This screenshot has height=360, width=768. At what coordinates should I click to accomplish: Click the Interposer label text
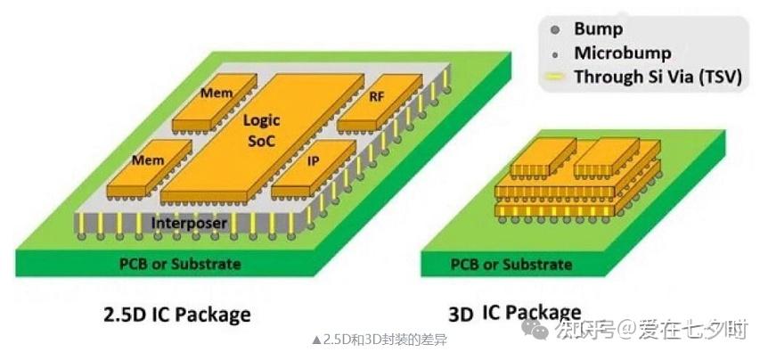190,222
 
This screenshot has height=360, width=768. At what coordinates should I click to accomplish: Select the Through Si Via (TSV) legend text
658,77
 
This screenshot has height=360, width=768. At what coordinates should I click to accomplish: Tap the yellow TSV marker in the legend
555,78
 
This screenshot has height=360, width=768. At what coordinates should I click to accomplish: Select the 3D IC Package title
514,313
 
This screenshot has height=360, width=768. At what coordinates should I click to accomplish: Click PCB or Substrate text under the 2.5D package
181,264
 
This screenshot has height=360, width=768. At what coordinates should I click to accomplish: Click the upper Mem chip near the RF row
217,94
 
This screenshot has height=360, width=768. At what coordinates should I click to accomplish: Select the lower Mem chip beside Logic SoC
148,160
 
